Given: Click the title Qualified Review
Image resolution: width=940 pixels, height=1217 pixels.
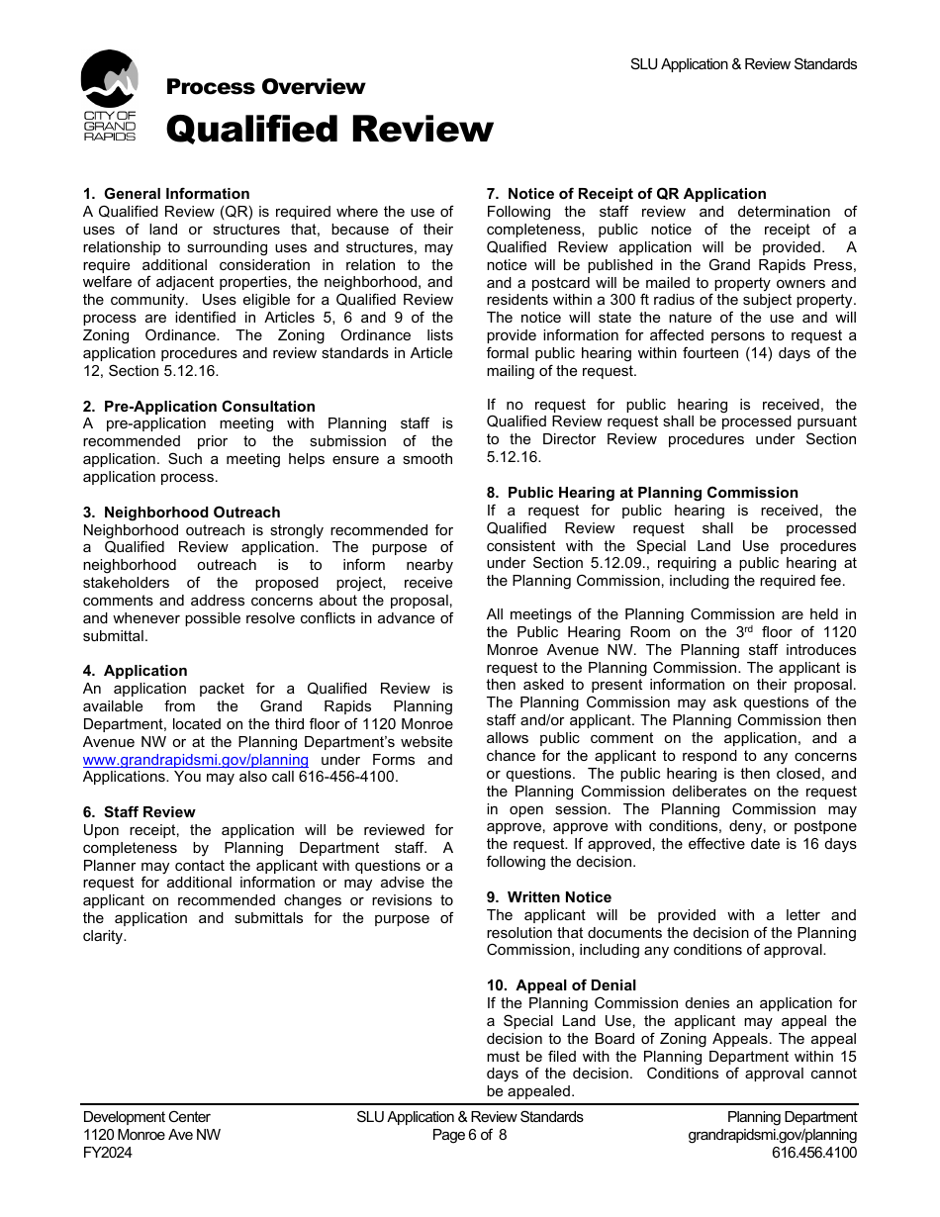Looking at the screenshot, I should [329, 130].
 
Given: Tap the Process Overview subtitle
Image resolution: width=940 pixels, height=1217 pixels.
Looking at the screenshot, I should [265, 87].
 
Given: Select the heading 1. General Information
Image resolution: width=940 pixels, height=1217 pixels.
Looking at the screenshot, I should [166, 194].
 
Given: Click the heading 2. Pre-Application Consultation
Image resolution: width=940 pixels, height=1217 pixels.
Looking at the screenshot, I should [199, 407].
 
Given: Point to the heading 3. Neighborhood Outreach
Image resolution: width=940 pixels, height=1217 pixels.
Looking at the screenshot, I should [181, 513].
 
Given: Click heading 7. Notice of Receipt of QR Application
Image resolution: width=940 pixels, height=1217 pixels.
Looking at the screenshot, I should [626, 194].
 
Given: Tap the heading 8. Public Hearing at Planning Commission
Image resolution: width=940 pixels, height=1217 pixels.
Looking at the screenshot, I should [642, 493].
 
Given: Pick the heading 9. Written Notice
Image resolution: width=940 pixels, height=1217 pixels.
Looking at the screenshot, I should [549, 897].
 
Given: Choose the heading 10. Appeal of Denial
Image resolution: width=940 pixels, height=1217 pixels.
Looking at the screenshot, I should [561, 985].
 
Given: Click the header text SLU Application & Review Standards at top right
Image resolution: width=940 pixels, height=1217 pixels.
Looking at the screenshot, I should [743, 64].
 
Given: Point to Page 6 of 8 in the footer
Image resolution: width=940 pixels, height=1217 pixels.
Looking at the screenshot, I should [469, 1135].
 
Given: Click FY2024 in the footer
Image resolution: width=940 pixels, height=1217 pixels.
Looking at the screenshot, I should [108, 1153].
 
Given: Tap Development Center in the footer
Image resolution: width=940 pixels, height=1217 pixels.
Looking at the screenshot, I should [146, 1117].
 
